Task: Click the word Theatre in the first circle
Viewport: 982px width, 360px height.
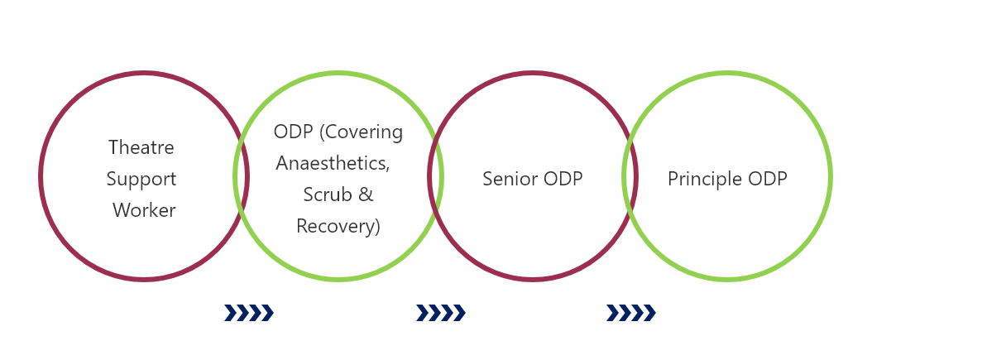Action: (141, 147)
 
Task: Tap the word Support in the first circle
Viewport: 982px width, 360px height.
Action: (141, 179)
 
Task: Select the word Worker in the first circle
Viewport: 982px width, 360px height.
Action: (144, 210)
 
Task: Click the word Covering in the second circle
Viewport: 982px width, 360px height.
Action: (364, 132)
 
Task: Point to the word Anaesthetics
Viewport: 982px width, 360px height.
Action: (333, 163)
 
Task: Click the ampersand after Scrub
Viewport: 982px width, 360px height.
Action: (366, 194)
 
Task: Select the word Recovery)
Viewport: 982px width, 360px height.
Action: (338, 226)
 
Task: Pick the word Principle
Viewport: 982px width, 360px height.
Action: (705, 180)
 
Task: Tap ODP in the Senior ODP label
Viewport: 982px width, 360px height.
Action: (563, 179)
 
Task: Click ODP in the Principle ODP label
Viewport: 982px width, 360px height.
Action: (767, 179)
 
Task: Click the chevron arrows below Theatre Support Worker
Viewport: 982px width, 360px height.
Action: (249, 313)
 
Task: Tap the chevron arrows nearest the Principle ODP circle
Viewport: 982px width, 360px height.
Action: (630, 313)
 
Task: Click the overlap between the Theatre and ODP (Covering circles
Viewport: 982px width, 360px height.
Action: (241, 176)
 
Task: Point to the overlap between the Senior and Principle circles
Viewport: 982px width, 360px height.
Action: (630, 176)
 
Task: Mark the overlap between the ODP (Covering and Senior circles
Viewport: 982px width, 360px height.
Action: (436, 176)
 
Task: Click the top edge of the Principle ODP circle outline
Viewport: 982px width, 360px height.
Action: (727, 74)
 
